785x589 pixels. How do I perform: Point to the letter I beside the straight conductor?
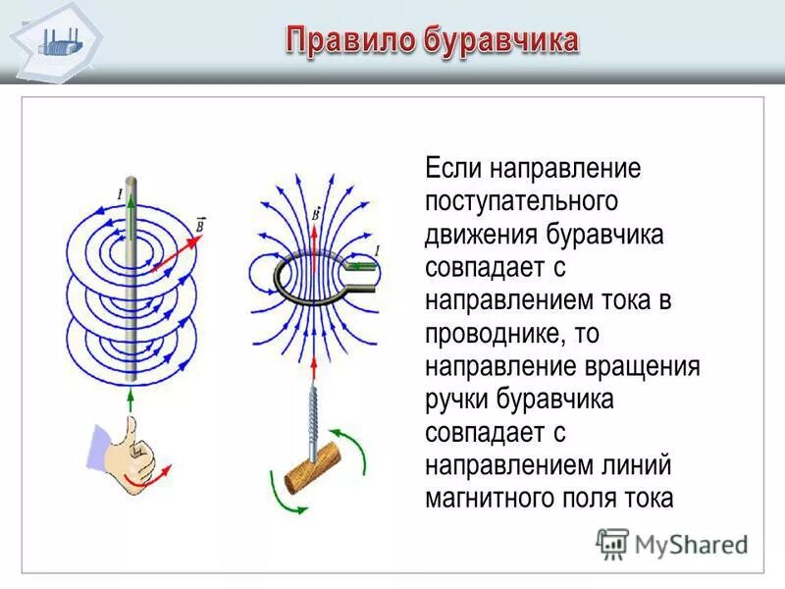click(x=120, y=194)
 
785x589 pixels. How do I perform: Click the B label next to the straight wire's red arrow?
click(x=200, y=224)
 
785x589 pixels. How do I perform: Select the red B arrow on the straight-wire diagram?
click(x=174, y=248)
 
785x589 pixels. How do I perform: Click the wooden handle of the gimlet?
click(x=312, y=470)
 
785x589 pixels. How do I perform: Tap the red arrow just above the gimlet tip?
click(x=315, y=371)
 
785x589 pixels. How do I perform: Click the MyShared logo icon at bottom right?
click(x=612, y=543)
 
